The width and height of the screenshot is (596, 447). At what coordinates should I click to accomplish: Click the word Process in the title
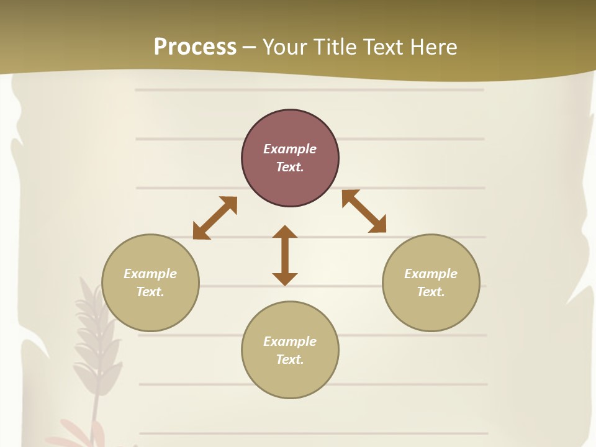(195, 47)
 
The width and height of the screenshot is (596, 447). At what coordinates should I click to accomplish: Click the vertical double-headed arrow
(285, 256)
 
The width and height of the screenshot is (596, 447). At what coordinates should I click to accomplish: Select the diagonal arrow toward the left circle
(215, 218)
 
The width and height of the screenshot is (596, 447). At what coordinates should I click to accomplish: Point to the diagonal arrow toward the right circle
(364, 211)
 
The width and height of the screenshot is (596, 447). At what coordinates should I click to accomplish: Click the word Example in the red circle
(290, 149)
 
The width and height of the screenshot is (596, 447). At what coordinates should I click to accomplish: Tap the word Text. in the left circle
(150, 292)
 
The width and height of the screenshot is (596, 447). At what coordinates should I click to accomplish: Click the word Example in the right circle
(431, 274)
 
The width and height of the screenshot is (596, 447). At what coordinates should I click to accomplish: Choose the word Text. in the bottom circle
(290, 359)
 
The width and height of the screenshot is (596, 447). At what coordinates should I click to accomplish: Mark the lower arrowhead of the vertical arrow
(285, 279)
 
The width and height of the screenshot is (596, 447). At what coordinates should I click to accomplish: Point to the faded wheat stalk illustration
(93, 348)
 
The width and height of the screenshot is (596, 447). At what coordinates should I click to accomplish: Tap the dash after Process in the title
(250, 47)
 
